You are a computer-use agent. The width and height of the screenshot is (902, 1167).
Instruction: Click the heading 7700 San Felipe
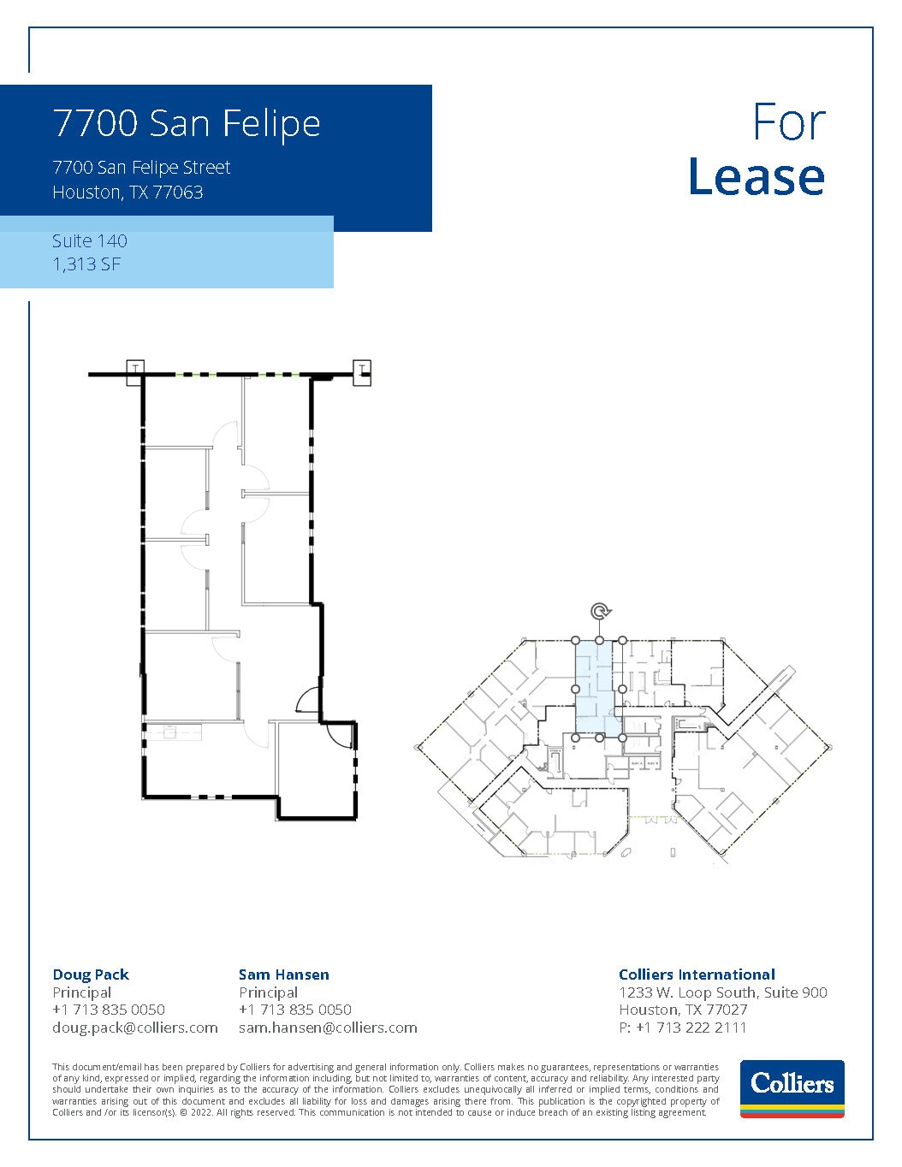point(187,123)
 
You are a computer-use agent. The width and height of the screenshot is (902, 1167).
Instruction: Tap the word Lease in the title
point(756,177)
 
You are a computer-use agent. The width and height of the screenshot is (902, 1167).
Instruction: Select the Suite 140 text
point(89,241)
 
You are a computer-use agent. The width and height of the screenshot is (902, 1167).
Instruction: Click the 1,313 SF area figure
point(86,264)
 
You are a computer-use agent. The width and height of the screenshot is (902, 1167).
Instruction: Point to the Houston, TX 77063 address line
point(128,193)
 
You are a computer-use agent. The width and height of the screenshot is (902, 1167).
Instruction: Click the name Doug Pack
point(91,974)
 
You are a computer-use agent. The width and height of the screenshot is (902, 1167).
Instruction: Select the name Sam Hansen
point(283,974)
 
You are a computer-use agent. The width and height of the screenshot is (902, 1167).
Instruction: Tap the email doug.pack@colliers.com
point(135,1028)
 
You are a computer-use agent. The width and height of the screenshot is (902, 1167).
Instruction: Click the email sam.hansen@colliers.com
point(328,1028)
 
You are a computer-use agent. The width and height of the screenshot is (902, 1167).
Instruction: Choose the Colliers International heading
point(697,974)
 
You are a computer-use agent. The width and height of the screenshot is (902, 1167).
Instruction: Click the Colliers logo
point(792,1088)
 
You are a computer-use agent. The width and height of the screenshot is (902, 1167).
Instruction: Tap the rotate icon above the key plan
point(600,611)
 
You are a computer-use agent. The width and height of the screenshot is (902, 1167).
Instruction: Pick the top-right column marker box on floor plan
point(363,370)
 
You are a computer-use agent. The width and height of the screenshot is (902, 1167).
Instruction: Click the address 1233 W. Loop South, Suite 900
point(722,992)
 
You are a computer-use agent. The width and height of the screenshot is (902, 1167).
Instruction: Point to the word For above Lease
point(788,123)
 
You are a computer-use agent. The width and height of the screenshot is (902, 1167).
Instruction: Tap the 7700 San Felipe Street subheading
point(141,168)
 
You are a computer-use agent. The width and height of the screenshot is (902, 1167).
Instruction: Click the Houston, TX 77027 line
point(683,1010)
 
